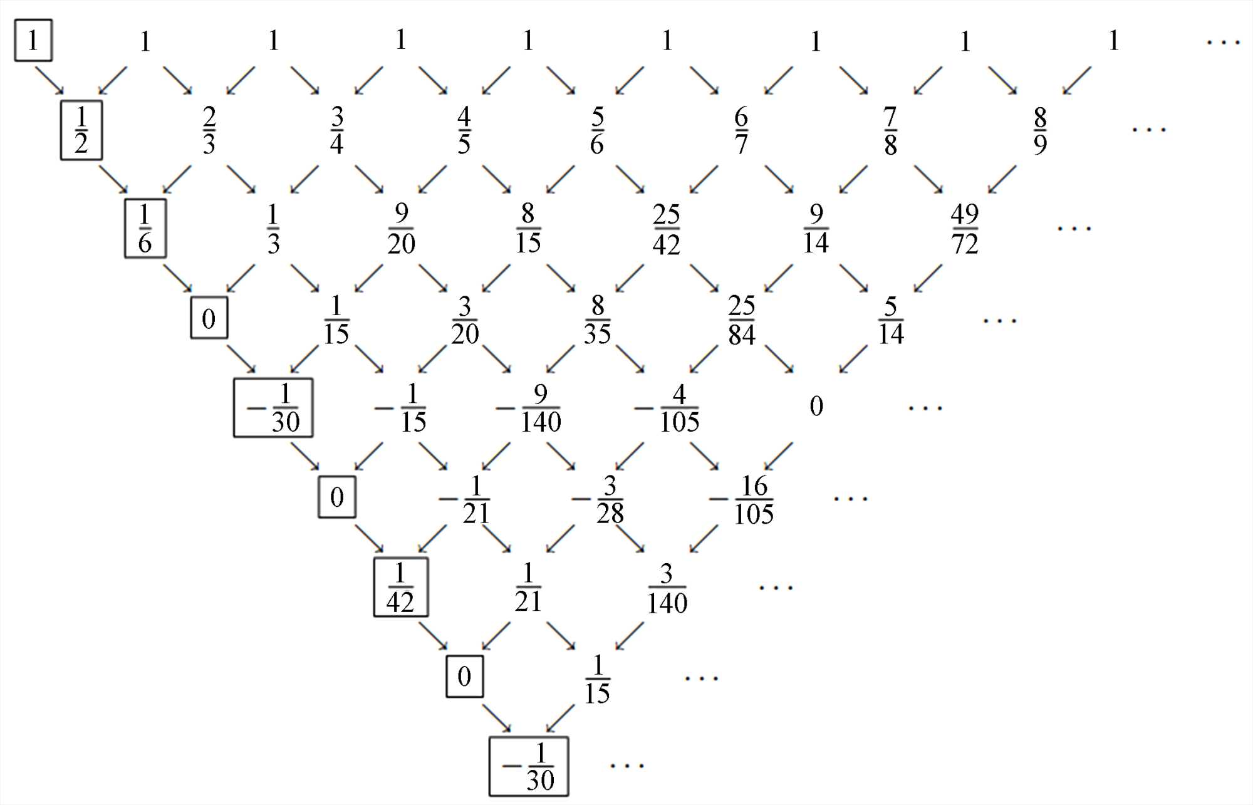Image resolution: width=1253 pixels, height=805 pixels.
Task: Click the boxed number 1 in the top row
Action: (33, 41)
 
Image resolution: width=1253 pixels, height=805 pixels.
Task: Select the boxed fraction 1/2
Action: (81, 130)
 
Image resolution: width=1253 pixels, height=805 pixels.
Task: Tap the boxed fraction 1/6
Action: (145, 229)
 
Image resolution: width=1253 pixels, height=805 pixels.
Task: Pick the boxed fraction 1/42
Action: (401, 588)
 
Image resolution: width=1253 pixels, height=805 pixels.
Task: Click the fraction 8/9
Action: (1040, 130)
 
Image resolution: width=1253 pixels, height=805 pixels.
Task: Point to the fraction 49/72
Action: (965, 229)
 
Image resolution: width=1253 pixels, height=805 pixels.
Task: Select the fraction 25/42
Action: (666, 229)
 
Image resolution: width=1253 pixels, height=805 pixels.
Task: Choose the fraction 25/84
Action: (742, 320)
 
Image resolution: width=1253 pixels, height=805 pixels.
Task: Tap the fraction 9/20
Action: (402, 229)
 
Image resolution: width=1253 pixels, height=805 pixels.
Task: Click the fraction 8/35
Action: (597, 320)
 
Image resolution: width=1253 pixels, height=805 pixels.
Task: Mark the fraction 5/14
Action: (891, 320)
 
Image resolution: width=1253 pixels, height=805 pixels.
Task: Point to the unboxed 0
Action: (816, 407)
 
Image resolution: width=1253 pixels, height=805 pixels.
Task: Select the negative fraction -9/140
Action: (530, 408)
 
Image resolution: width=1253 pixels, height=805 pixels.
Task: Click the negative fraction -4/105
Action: (668, 408)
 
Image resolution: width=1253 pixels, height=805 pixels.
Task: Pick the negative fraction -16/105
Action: (743, 499)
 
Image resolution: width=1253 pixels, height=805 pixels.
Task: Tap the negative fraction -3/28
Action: (599, 499)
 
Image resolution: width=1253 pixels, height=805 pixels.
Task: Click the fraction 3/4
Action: (337, 130)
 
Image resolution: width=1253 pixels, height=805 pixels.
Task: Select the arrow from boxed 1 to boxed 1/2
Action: (49, 81)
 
